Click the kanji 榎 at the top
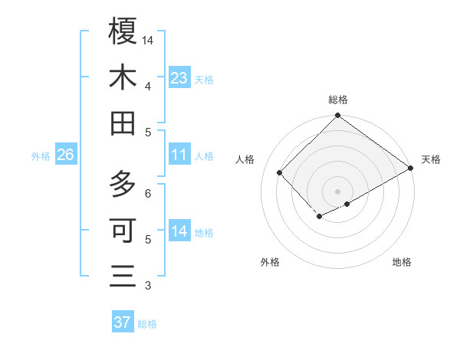(x=123, y=31)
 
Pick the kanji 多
(x=123, y=184)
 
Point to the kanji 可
(x=123, y=230)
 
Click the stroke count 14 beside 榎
(x=148, y=40)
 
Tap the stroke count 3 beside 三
(x=148, y=286)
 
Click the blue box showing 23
(x=179, y=77)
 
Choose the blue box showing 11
(x=179, y=155)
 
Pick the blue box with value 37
(x=123, y=322)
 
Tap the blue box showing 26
(x=65, y=155)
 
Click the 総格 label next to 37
(x=147, y=324)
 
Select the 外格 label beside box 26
(x=41, y=156)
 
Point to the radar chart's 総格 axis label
(x=337, y=100)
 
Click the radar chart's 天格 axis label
(x=431, y=159)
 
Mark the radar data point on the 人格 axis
(x=280, y=172)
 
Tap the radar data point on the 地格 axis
(x=347, y=203)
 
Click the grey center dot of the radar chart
(x=337, y=190)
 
